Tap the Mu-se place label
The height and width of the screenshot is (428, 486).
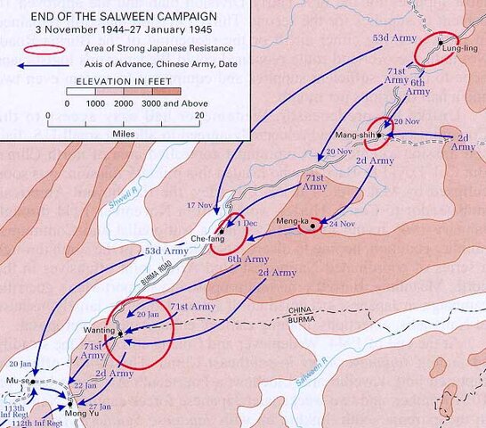click(18, 381)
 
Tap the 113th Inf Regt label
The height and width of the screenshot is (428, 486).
click(16, 409)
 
